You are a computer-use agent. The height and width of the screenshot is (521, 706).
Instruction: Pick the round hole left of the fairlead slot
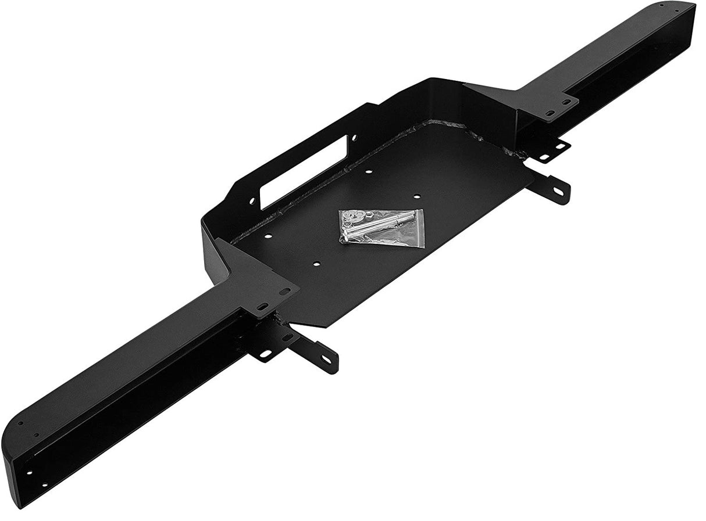(x=253, y=200)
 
